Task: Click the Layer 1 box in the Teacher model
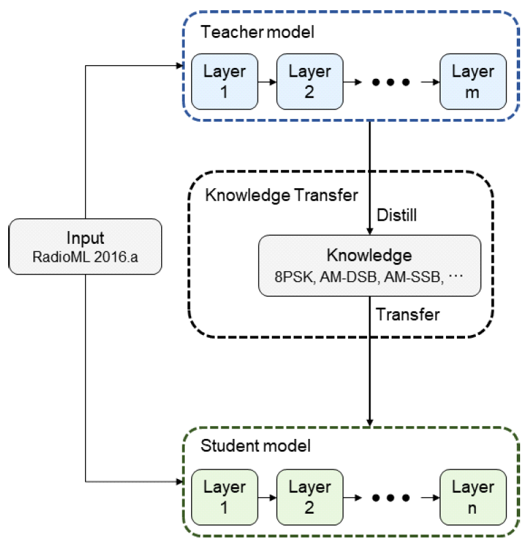tap(225, 82)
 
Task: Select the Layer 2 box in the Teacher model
tap(309, 82)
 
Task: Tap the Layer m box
tap(473, 82)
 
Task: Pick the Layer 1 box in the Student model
tap(225, 497)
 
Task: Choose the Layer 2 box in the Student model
tap(309, 497)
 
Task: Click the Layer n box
tap(473, 497)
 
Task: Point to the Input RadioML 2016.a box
tap(86, 247)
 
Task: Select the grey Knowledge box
tap(369, 265)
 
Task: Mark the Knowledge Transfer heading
tap(281, 196)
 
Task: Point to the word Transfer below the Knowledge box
tap(408, 315)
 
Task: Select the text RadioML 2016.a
tap(86, 257)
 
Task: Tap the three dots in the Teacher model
tap(389, 83)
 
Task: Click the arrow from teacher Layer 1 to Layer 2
tap(267, 83)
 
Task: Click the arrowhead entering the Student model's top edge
tap(370, 422)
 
